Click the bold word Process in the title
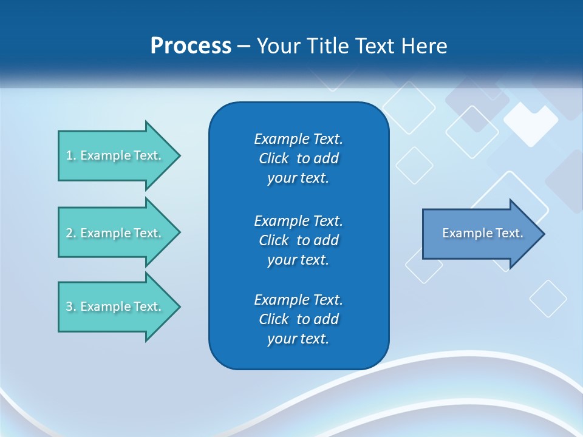coord(191,46)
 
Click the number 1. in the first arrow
coord(70,156)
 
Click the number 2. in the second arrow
coord(70,233)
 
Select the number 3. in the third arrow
coord(70,307)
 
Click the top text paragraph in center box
coord(298,158)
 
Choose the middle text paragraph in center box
coord(298,240)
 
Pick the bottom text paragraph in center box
coord(298,319)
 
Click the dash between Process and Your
coord(244,47)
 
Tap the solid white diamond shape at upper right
coord(530,123)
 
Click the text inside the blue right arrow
coord(482,233)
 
